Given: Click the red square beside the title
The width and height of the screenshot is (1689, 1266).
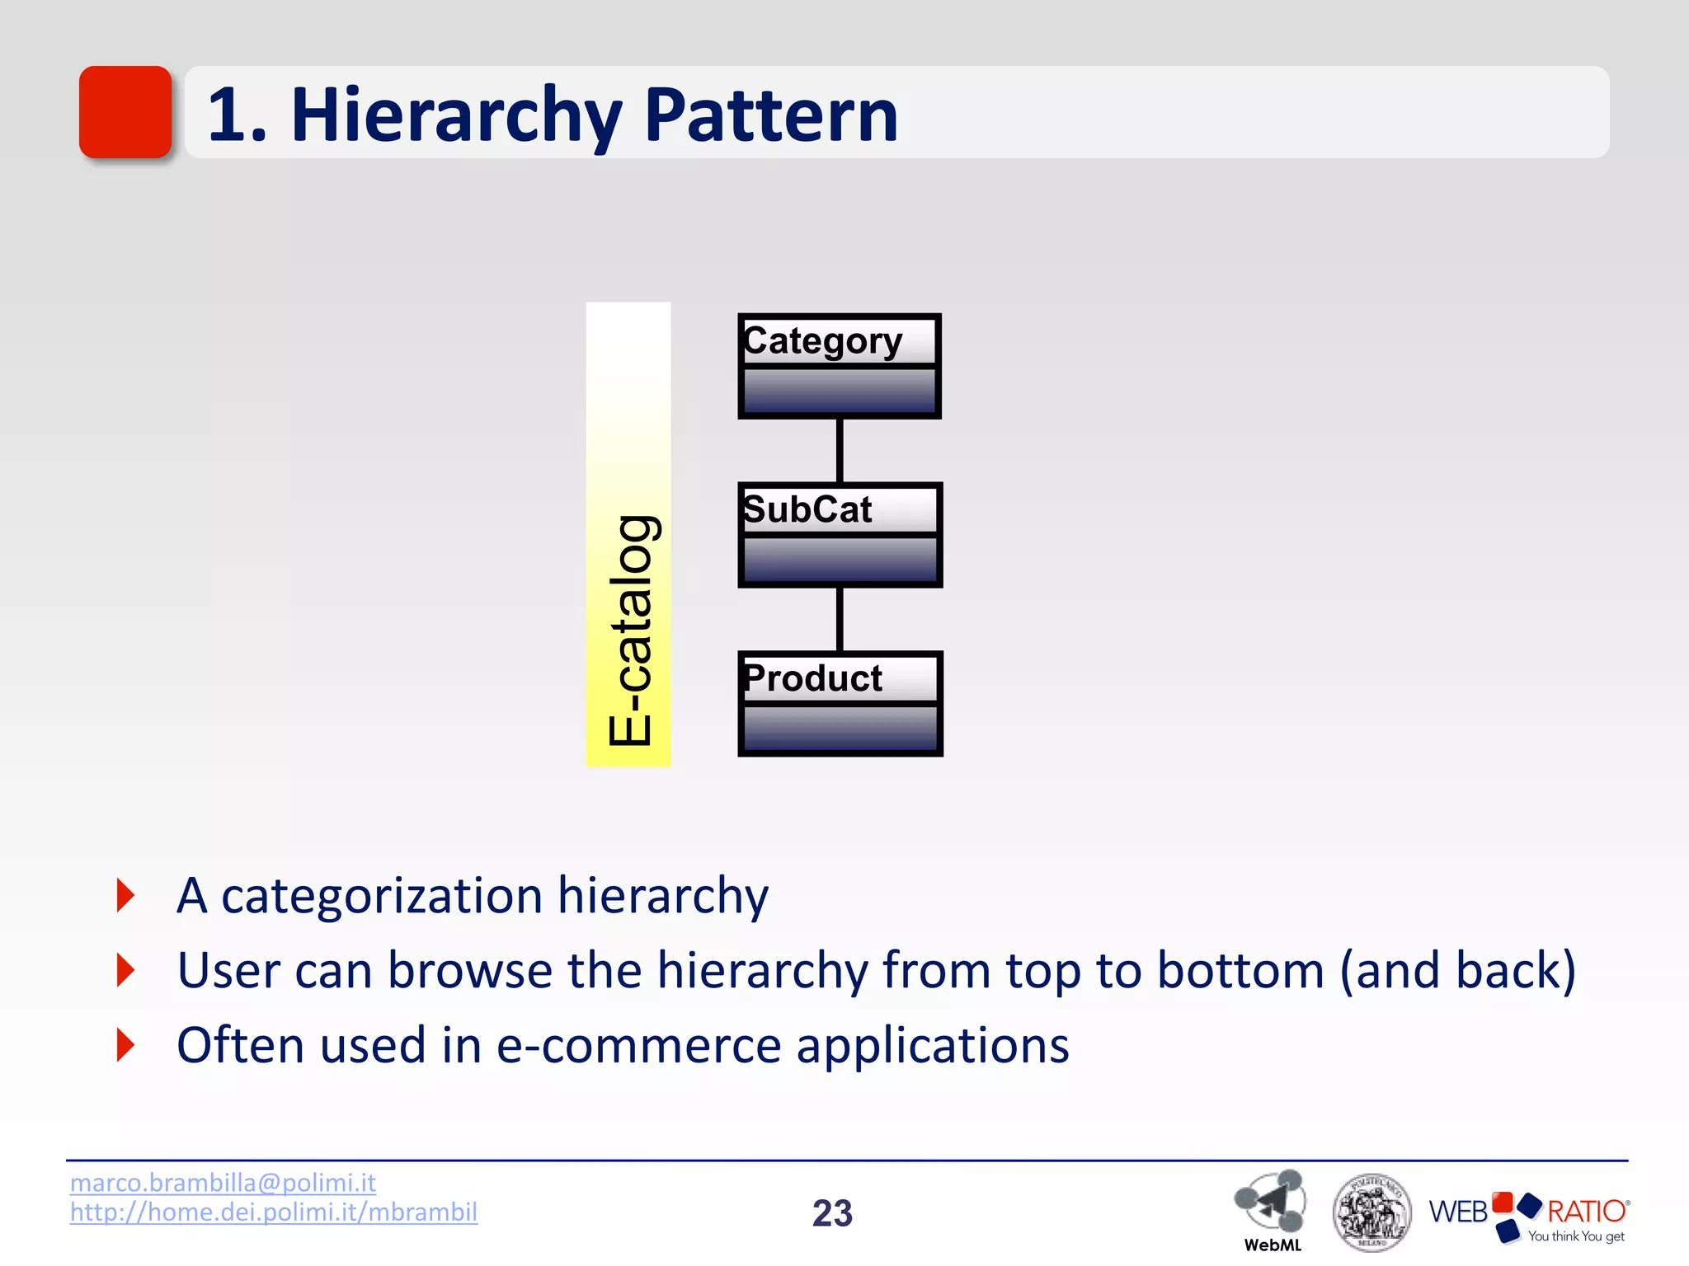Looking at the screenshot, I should [125, 112].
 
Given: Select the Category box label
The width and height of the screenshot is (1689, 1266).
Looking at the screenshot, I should [823, 340].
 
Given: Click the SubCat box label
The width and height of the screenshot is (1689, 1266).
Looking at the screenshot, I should [808, 509].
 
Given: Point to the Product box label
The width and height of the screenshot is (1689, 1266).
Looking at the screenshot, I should [813, 678].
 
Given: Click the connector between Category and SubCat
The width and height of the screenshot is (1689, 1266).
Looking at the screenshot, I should [840, 450].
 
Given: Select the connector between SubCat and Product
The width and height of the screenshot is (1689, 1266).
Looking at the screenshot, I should [840, 619].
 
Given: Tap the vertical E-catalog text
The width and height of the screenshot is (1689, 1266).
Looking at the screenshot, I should [631, 631].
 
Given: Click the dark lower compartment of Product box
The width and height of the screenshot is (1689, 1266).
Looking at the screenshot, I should [840, 728].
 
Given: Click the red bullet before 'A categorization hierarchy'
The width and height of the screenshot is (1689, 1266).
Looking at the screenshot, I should [126, 895].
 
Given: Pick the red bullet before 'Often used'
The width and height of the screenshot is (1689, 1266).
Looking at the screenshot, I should [126, 1045].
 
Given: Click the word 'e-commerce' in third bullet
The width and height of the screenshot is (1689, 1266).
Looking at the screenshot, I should [638, 1045].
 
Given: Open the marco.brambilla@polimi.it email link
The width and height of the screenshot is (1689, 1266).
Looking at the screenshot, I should [223, 1183].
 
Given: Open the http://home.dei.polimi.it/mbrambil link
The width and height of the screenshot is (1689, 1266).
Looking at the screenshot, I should [273, 1212].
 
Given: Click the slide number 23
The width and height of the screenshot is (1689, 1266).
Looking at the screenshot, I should [832, 1213].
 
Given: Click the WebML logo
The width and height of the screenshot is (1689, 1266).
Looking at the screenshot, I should [1271, 1208].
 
